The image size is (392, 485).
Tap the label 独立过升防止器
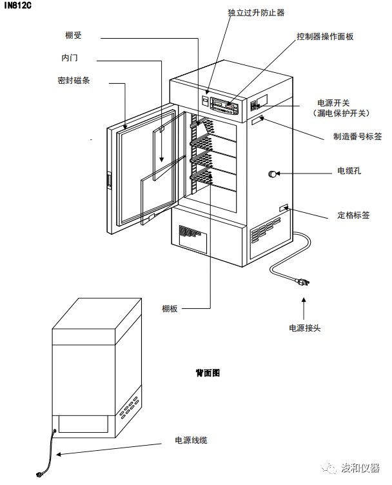(x=239, y=12)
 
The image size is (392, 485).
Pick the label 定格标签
(x=353, y=215)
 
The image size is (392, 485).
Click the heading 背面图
(x=208, y=373)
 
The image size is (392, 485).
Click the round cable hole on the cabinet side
(x=272, y=173)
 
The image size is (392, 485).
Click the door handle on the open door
(x=109, y=181)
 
